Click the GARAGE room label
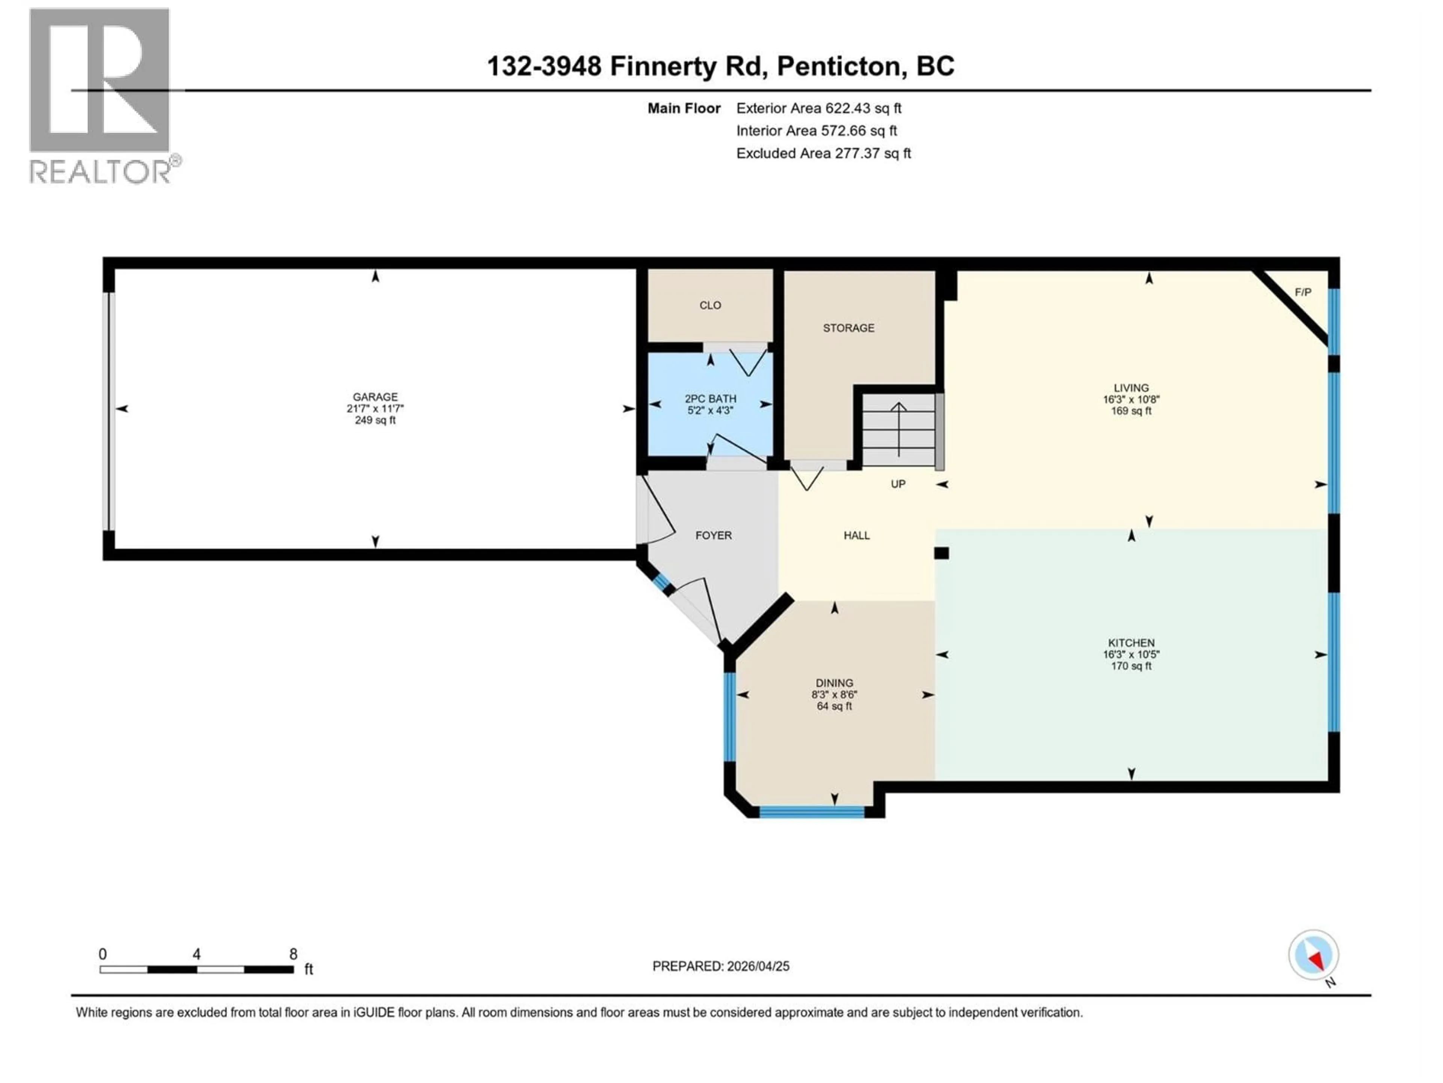[x=375, y=397]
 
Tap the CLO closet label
[x=710, y=305]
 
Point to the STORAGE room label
[x=848, y=328]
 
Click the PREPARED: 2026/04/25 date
[x=720, y=966]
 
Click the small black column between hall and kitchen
[x=941, y=553]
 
